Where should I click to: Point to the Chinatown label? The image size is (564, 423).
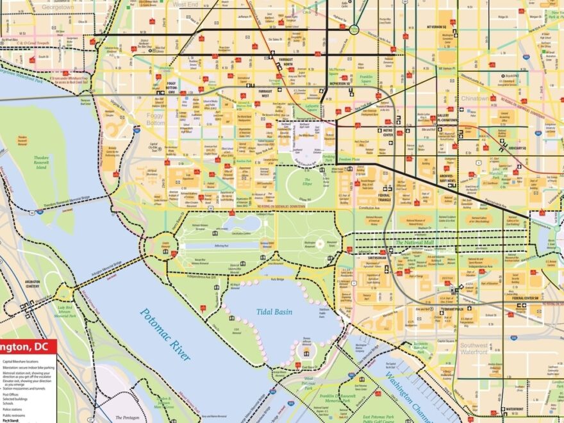click(474, 99)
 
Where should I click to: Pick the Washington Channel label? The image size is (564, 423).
click(405, 397)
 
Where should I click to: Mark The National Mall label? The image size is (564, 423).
click(416, 242)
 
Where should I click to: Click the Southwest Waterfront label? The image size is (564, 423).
click(474, 349)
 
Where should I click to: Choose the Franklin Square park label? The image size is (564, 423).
click(366, 79)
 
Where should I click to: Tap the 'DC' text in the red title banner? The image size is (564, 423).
click(41, 347)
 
